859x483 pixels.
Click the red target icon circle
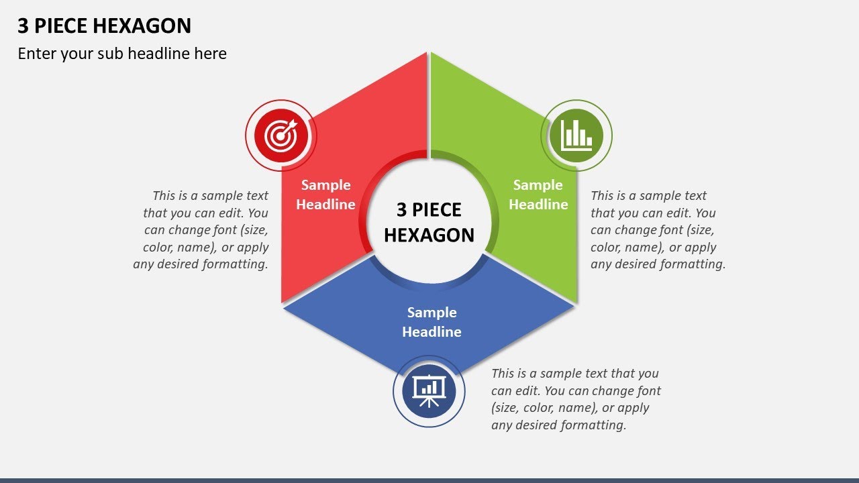pyautogui.click(x=281, y=136)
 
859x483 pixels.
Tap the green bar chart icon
pyautogui.click(x=576, y=136)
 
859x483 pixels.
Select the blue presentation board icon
pyautogui.click(x=429, y=391)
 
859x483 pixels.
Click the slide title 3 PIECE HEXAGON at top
pyautogui.click(x=105, y=26)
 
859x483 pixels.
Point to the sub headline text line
pyautogui.click(x=122, y=54)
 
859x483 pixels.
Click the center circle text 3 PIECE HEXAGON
pyautogui.click(x=429, y=222)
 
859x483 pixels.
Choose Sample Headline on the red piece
pyautogui.click(x=325, y=195)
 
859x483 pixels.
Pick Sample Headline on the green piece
pyautogui.click(x=538, y=195)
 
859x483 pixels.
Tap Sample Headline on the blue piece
pyautogui.click(x=432, y=322)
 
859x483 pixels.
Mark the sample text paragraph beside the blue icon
pyautogui.click(x=575, y=399)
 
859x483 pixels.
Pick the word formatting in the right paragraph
pyautogui.click(x=691, y=264)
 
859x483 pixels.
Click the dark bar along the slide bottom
pyautogui.click(x=429, y=480)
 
